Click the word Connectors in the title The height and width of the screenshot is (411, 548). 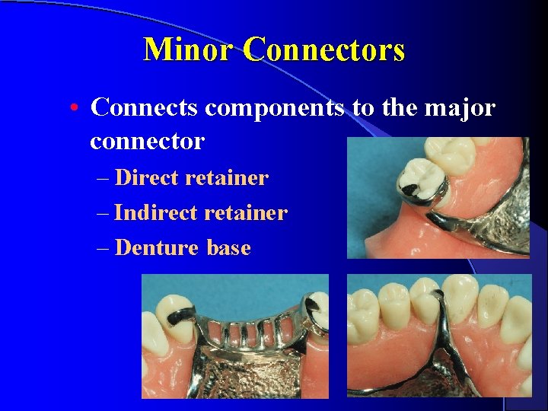[x=324, y=50]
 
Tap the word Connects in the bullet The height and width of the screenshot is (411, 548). [x=145, y=108]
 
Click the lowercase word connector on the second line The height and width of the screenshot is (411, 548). [x=147, y=141]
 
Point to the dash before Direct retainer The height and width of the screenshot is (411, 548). [x=104, y=179]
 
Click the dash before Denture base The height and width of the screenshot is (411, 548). [x=104, y=248]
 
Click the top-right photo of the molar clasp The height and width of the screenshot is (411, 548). [x=438, y=198]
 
